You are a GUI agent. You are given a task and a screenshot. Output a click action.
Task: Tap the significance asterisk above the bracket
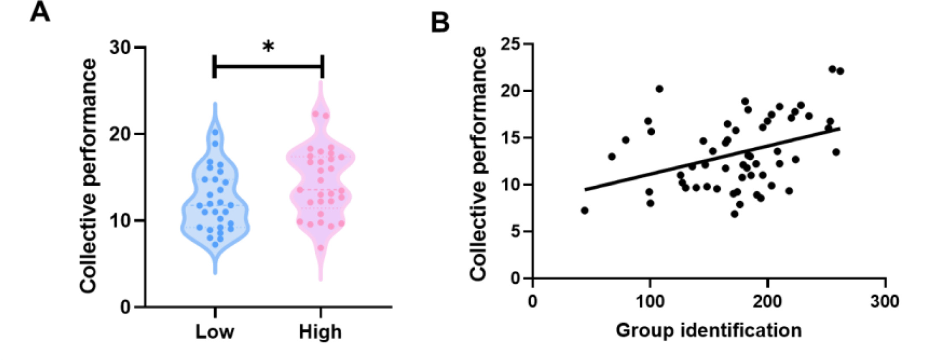268,46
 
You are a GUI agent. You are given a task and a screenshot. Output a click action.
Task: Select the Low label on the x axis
214,332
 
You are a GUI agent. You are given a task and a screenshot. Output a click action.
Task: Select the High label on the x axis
320,332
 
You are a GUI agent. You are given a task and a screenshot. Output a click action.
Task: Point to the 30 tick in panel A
120,47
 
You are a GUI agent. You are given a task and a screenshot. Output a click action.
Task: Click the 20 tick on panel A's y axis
120,135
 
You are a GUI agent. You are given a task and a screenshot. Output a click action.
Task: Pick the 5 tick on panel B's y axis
515,232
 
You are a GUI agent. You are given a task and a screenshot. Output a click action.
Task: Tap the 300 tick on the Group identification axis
885,301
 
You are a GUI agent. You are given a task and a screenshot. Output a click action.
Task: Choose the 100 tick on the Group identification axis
650,301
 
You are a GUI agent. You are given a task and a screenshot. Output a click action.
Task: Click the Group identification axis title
708,331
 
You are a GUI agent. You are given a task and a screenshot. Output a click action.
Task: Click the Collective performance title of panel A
88,176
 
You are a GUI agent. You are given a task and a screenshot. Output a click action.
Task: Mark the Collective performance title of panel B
478,163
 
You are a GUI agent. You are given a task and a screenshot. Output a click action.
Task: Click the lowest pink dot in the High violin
321,248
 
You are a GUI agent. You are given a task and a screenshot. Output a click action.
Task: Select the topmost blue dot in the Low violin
215,132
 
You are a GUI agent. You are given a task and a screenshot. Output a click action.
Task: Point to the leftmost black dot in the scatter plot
584,211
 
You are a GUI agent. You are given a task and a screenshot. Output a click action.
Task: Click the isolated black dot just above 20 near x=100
659,89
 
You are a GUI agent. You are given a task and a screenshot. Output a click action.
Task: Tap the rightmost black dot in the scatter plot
840,71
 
